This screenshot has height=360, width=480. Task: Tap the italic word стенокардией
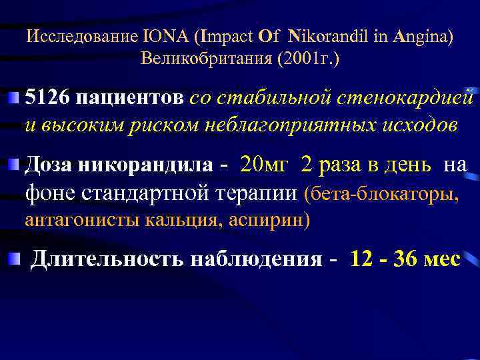[x=406, y=99]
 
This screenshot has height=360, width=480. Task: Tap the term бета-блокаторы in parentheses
[x=384, y=194]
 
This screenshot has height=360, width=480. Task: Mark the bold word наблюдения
[x=257, y=259]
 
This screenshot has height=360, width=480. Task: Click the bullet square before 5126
[x=14, y=99]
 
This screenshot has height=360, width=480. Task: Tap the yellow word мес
[x=441, y=259]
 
